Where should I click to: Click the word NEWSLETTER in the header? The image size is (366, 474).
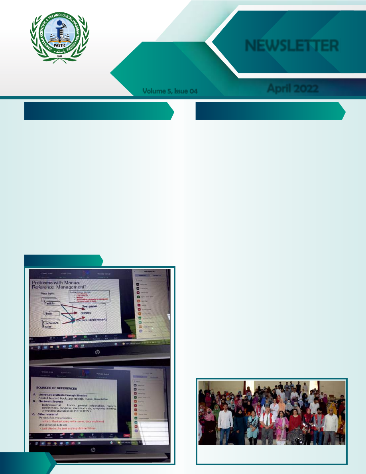[x=291, y=46]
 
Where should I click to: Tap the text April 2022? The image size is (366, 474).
[x=292, y=88]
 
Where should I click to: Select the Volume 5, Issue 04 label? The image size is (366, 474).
[x=170, y=92]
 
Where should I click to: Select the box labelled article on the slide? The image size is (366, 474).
[x=53, y=304]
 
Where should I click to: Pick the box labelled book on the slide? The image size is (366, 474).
[x=52, y=314]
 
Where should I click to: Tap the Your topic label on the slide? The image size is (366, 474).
[x=50, y=294]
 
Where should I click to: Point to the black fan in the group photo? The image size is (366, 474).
[x=296, y=437]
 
